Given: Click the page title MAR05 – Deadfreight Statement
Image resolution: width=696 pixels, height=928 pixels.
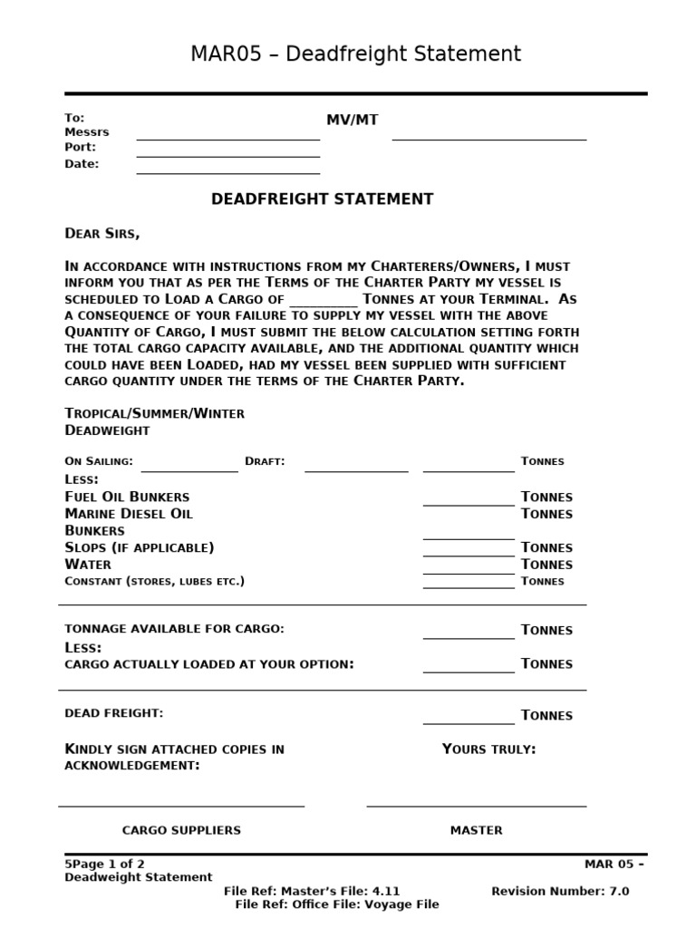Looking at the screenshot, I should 355,54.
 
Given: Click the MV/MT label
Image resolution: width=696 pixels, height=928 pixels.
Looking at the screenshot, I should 353,121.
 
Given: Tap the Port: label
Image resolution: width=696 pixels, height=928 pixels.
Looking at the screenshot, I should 80,147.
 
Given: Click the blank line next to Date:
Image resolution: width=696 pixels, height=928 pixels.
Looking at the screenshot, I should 227,171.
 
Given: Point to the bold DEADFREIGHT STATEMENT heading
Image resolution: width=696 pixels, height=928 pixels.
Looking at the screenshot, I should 322,199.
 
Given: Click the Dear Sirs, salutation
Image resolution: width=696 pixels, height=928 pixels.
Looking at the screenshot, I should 102,234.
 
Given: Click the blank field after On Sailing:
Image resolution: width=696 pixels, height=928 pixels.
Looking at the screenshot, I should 188,469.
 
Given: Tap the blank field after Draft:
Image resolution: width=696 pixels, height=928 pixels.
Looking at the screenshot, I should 355,469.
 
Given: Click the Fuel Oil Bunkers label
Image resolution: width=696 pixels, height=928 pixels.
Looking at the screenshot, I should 127,497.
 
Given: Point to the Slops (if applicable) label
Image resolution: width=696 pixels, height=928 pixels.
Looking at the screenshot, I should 140,547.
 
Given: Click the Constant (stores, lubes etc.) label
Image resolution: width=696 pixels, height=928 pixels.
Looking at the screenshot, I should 154,581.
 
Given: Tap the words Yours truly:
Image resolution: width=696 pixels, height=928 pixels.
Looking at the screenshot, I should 488,749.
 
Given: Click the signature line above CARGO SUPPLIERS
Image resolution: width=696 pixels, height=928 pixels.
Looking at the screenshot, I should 181,805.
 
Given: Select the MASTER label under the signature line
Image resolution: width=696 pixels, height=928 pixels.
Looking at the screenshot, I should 476,830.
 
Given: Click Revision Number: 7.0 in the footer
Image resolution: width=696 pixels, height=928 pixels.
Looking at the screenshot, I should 559,891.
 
